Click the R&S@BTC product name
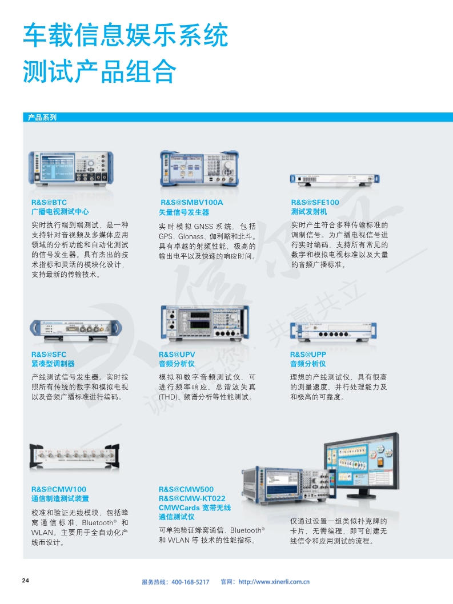coord(49,202)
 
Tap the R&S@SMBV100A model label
coord(191,202)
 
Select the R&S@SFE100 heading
coord(315,202)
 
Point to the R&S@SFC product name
coord(49,355)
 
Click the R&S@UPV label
coord(177,355)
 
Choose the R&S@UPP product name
coord(308,355)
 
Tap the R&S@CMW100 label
coord(59,489)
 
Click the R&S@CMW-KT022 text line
coord(192,498)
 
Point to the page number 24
coord(26,581)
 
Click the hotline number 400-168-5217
coord(190,582)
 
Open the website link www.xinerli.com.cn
coord(274,582)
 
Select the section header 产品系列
coord(42,118)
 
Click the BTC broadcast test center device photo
coord(71,168)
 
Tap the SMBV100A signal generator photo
coord(199,168)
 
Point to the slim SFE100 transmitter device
coord(335,179)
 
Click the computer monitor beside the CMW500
coord(361,464)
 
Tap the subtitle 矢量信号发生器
coord(184,212)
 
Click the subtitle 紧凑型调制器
coord(53,364)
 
